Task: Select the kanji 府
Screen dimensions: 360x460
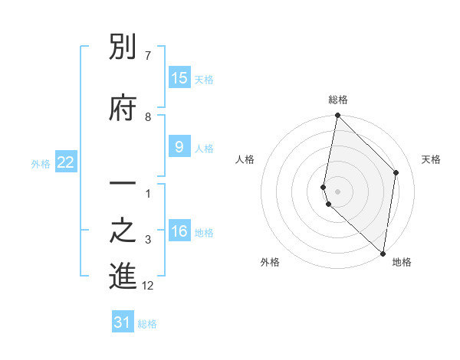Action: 123,108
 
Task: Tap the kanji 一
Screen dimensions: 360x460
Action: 123,185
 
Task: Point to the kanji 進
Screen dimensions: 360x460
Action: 123,277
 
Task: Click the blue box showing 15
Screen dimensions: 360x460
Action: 179,78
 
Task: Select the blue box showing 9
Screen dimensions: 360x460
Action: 179,147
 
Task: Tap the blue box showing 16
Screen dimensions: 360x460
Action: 179,231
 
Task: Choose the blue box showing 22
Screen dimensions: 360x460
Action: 66,162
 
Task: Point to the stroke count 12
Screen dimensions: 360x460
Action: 148,286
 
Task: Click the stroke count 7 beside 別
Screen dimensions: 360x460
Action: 148,56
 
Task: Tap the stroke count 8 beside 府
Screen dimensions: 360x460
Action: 148,116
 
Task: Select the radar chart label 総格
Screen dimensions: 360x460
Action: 338,100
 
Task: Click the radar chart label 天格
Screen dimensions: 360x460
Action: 431,159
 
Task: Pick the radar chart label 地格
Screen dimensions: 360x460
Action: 402,262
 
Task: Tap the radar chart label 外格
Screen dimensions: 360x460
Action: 270,262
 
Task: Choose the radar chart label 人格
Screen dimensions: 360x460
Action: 245,159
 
